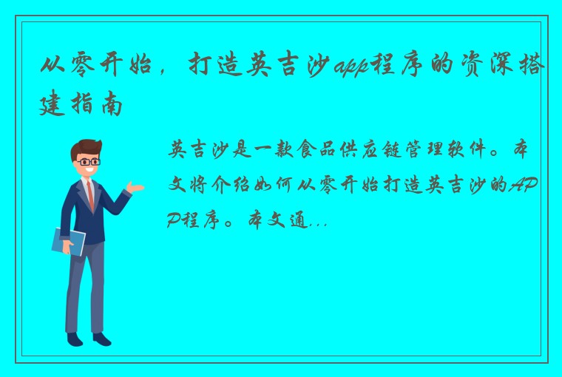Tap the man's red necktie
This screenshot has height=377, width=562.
click(x=89, y=195)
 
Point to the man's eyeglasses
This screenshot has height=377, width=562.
click(x=87, y=160)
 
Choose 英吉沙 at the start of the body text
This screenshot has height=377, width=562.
click(x=197, y=152)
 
